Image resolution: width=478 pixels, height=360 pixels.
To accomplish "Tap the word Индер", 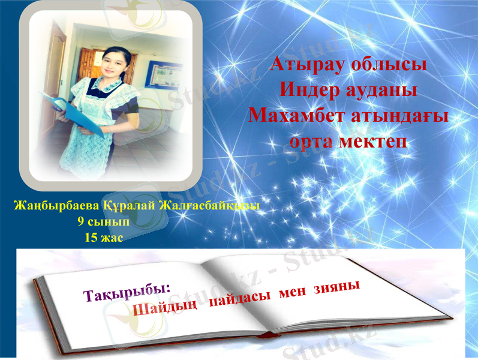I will point(313,89).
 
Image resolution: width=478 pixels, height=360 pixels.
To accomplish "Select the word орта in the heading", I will point(312,141).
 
